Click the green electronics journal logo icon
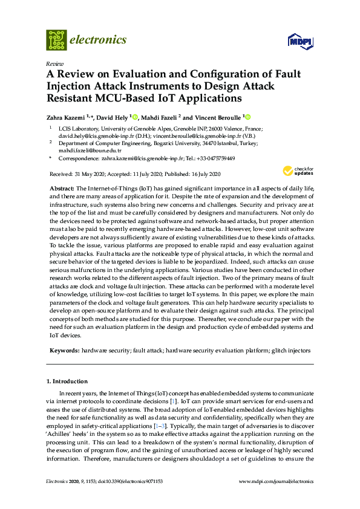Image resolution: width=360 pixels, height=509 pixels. click(x=56, y=40)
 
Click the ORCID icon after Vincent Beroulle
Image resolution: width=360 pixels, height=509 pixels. click(x=247, y=117)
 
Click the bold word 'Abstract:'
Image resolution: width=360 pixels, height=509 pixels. click(x=61, y=189)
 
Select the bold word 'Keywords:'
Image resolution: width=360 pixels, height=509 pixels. click(x=64, y=350)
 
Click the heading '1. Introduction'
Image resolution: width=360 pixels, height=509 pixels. click(x=67, y=381)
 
